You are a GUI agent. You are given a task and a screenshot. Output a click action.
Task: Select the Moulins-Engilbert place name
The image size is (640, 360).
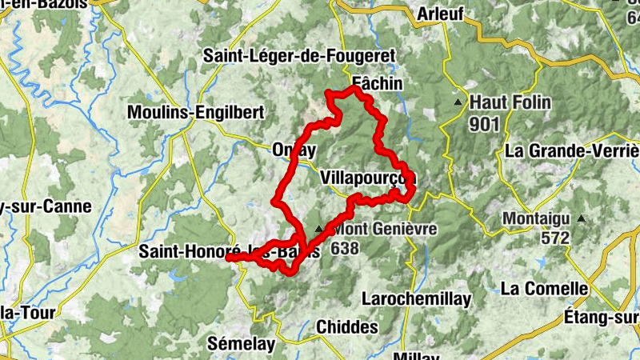click(195, 113)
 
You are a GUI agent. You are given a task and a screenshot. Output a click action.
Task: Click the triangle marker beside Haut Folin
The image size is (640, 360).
click(458, 103)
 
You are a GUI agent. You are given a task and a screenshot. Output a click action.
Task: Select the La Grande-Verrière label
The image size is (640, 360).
click(572, 150)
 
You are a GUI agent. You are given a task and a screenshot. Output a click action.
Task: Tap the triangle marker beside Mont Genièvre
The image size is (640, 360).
click(319, 230)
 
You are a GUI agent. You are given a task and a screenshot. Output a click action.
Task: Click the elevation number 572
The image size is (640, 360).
click(554, 238)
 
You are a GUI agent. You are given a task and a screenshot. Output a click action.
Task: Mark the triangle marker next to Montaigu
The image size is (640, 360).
click(582, 218)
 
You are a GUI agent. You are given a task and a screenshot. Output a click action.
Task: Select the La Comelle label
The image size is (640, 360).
click(544, 288)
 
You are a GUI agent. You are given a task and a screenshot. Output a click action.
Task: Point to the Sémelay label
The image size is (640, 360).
click(241, 345)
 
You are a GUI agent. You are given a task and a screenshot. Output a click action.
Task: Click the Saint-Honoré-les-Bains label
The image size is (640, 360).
click(230, 251)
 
